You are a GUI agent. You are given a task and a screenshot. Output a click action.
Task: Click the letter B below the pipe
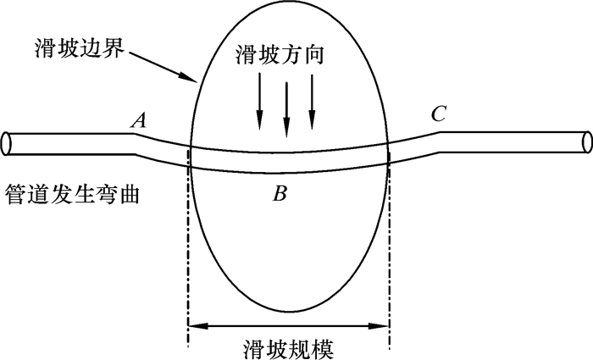(280, 194)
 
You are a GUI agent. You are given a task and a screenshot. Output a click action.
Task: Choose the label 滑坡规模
(288, 346)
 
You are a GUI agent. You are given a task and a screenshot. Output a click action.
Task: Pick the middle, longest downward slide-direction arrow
(286, 110)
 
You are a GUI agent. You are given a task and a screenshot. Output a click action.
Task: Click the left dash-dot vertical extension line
(187, 254)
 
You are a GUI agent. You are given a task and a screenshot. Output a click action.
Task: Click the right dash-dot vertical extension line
(390, 254)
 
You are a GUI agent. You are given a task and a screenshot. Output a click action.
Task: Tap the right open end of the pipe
(587, 141)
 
